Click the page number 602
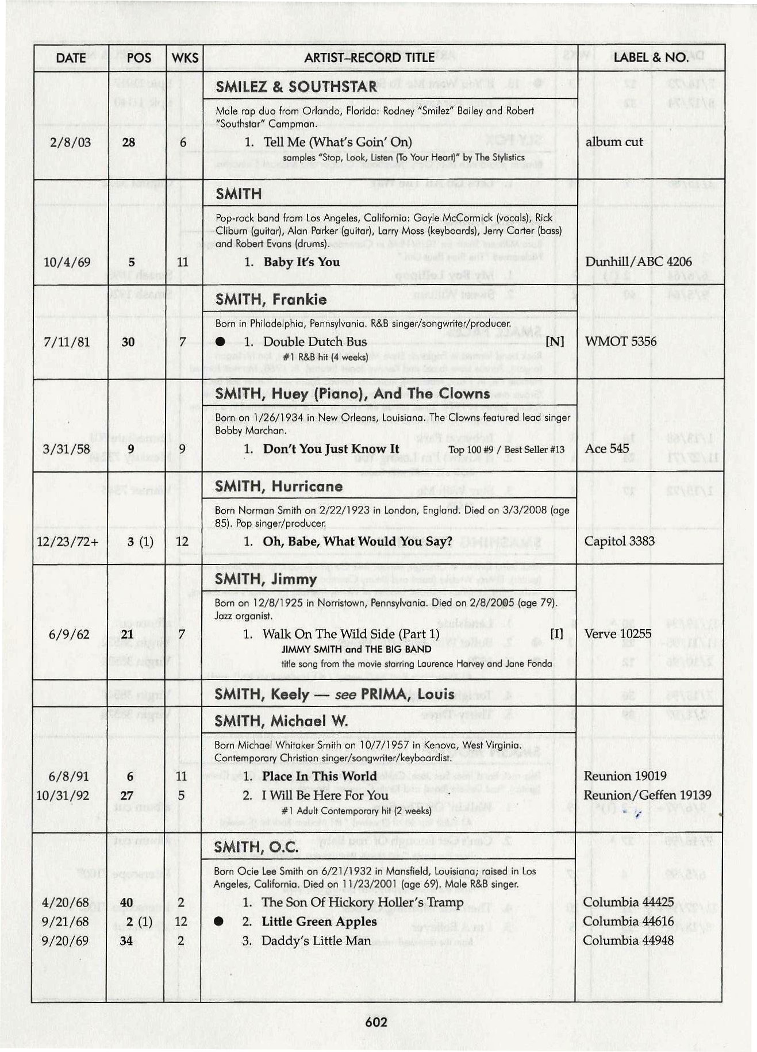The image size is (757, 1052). coord(376,1022)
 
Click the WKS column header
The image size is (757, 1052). coord(185,57)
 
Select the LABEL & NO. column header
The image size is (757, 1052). coord(651,57)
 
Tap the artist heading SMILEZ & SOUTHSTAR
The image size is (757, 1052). coord(296,87)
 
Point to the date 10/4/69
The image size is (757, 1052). coord(67,262)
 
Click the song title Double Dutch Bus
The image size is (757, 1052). coord(314,341)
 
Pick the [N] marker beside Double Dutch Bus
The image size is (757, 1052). coord(555,341)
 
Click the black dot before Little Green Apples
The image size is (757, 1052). coord(218,922)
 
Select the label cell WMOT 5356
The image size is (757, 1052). coord(620,341)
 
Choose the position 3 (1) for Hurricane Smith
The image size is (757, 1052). coord(140,542)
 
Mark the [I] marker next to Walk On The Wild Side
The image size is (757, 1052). coord(556,633)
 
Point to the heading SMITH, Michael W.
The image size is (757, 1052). coord(281,721)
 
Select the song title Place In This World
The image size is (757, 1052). coord(319,776)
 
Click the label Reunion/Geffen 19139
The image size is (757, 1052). coord(647,795)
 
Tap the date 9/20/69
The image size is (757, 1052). coord(65,940)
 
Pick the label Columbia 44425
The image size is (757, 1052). coord(628,902)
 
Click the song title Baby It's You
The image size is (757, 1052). coord(301,262)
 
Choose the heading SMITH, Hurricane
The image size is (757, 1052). coord(279,486)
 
